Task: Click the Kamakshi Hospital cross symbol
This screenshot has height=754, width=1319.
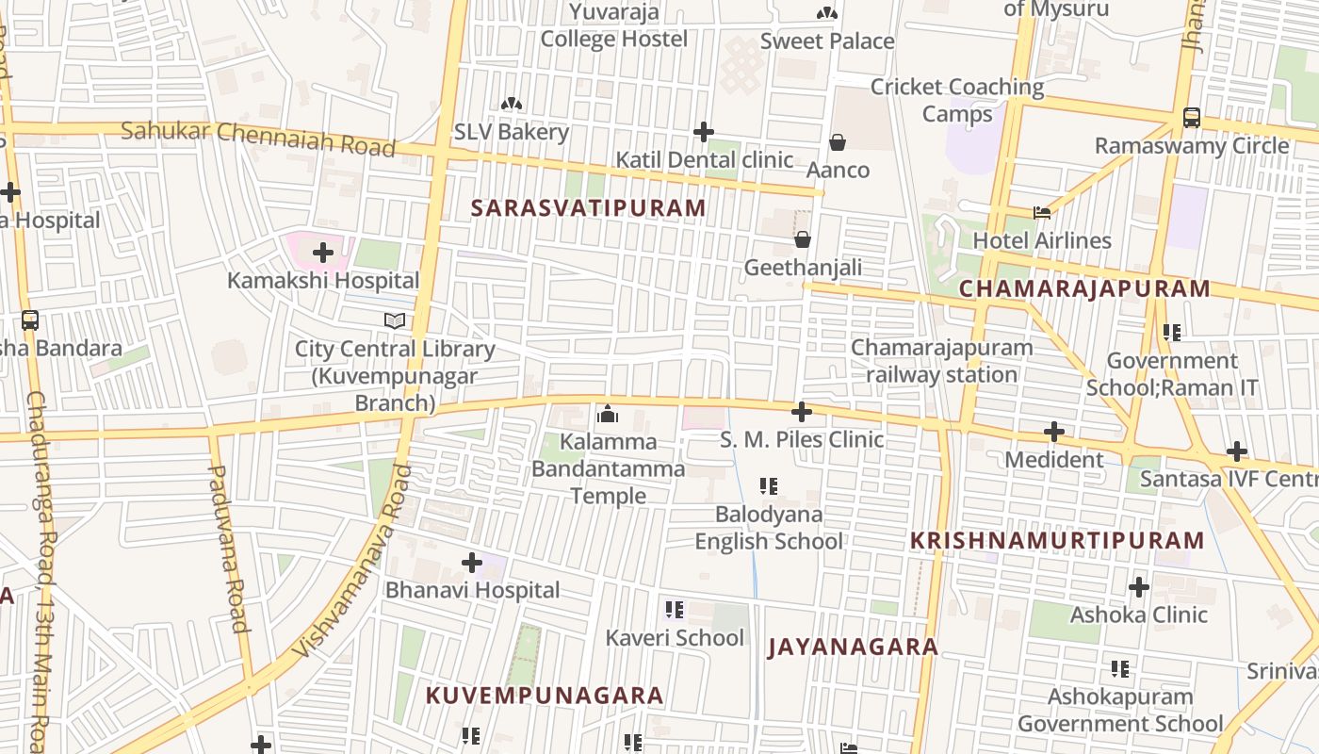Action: click(323, 253)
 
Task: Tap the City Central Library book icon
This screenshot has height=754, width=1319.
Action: click(395, 321)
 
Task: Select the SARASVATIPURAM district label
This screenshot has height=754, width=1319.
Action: click(588, 208)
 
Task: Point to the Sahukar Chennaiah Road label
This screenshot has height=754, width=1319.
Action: click(257, 138)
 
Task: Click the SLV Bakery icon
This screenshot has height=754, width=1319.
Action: click(512, 105)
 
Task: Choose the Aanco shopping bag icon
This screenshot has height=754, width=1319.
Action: click(837, 142)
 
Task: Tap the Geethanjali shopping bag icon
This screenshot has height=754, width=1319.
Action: click(803, 239)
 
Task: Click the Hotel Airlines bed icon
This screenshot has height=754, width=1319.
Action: click(1042, 213)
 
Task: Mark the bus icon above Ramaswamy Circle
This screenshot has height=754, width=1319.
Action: click(1191, 118)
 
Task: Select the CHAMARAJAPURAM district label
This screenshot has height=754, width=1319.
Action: click(1084, 288)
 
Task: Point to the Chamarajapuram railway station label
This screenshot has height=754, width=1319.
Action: click(941, 361)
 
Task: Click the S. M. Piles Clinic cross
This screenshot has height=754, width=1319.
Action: click(802, 412)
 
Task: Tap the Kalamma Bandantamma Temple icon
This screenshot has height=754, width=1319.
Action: click(608, 414)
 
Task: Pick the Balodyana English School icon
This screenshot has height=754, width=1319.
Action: click(769, 486)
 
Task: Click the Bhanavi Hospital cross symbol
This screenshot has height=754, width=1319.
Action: click(472, 564)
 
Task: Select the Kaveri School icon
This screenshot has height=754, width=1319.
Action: click(674, 610)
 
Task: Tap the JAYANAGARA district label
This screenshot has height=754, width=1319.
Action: click(853, 647)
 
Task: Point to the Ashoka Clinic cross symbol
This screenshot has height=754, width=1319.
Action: click(1138, 587)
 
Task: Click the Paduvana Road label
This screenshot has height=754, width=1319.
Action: click(227, 549)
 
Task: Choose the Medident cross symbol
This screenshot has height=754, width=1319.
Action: click(1053, 433)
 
